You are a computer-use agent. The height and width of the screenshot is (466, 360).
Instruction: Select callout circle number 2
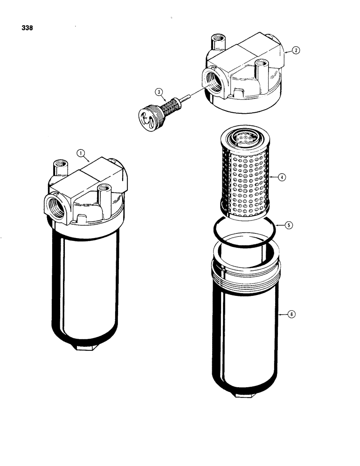[295, 51]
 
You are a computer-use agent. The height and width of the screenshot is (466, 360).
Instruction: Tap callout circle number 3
[160, 93]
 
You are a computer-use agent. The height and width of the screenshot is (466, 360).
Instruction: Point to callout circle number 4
[282, 177]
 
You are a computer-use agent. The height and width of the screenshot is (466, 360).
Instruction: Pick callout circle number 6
[291, 315]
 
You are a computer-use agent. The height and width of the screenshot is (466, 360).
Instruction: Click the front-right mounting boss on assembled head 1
[104, 193]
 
